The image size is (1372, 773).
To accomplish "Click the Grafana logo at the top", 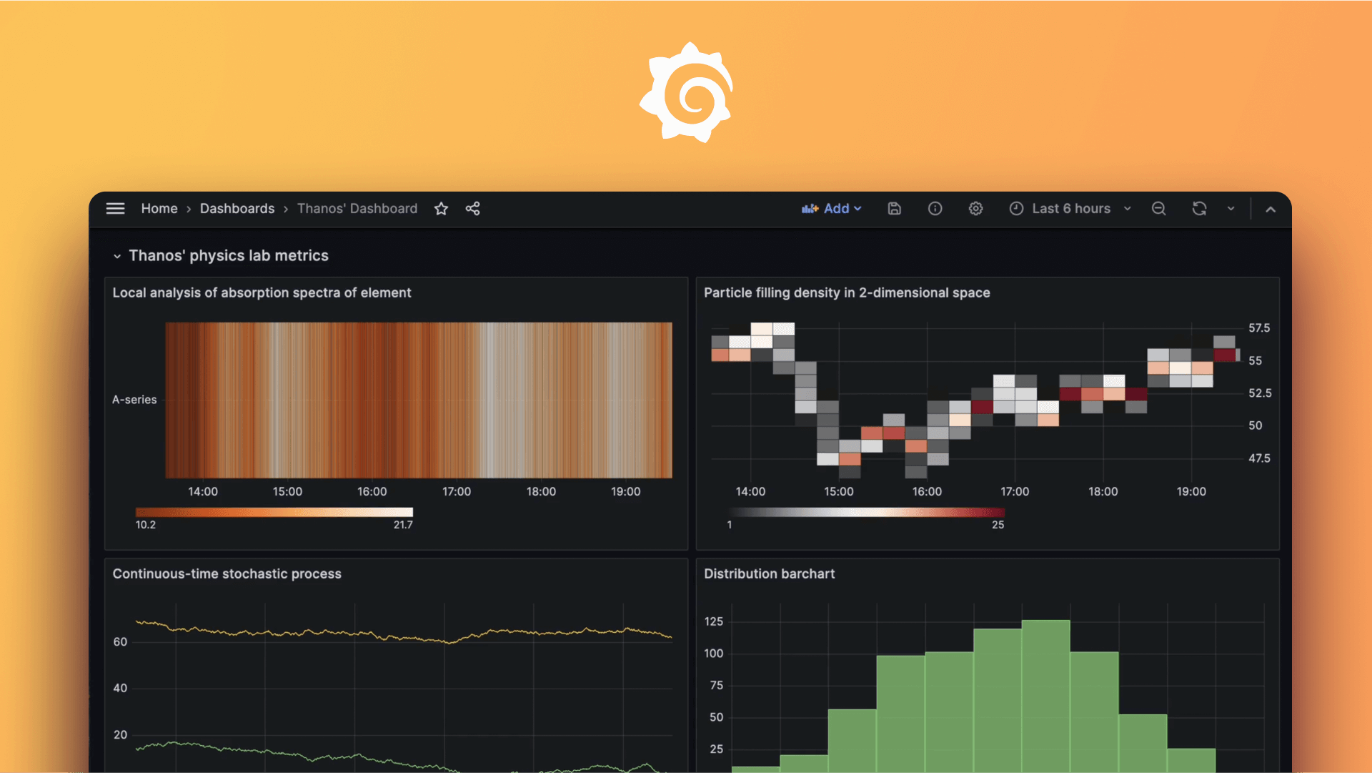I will pyautogui.click(x=687, y=92).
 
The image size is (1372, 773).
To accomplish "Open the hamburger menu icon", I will pyautogui.click(x=115, y=209).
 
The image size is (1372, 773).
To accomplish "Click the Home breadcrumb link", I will pyautogui.click(x=159, y=209).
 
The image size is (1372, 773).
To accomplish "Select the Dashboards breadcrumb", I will pyautogui.click(x=237, y=209).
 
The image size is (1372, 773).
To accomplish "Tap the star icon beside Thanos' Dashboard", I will pyautogui.click(x=441, y=209).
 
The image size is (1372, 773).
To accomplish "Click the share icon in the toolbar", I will pyautogui.click(x=472, y=209).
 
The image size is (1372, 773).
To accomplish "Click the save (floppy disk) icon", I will pyautogui.click(x=894, y=209).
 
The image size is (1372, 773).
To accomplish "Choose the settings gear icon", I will pyautogui.click(x=975, y=209).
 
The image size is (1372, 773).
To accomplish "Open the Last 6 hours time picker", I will pyautogui.click(x=1070, y=209).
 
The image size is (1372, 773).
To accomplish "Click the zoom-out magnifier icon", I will pyautogui.click(x=1158, y=209).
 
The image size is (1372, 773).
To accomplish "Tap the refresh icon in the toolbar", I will pyautogui.click(x=1199, y=209).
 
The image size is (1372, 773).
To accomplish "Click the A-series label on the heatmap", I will pyautogui.click(x=134, y=400).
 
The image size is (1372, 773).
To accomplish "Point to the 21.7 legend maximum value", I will pyautogui.click(x=403, y=525).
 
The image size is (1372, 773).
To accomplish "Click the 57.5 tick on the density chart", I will pyautogui.click(x=1259, y=328).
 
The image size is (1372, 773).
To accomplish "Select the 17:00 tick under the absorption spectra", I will pyautogui.click(x=457, y=492).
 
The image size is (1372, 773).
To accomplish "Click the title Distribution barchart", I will pyautogui.click(x=769, y=573).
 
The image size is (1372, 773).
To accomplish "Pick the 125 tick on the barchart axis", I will pyautogui.click(x=713, y=621).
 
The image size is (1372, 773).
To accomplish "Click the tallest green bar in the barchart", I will pyautogui.click(x=1045, y=694).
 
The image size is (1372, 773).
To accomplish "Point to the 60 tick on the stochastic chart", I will pyautogui.click(x=120, y=642).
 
